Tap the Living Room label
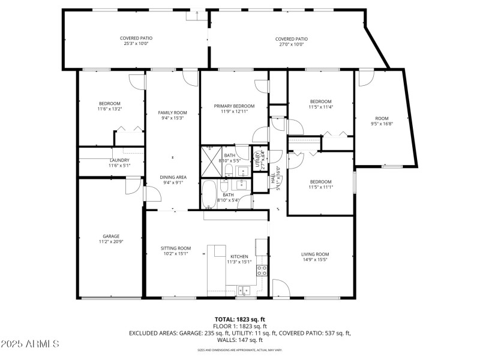coord(315,257)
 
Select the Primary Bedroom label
coord(234,109)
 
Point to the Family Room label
coord(172,115)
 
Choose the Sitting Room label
coord(175,251)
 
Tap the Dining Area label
coord(172,180)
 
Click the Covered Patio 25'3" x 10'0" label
coord(136,41)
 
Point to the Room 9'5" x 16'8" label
coord(382,121)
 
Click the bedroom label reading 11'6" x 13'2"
coord(109,106)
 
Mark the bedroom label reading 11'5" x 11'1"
coord(320,184)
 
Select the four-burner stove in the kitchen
coord(262,270)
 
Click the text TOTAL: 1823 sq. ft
coord(240,319)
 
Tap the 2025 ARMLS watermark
coord(30,344)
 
